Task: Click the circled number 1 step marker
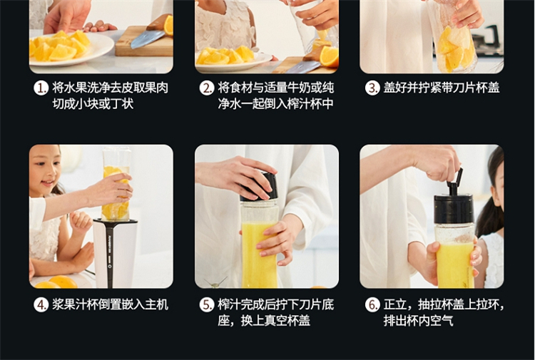(x=41, y=88)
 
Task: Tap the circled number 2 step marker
(x=207, y=88)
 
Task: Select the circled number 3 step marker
(x=372, y=88)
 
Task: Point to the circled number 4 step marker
(x=41, y=305)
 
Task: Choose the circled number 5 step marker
(x=207, y=305)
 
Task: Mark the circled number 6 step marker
(x=372, y=305)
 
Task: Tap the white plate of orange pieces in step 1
(x=71, y=48)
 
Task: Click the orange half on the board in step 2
(x=329, y=56)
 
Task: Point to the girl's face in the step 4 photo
(x=45, y=170)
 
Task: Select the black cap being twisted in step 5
(x=260, y=187)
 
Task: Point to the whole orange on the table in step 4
(x=63, y=282)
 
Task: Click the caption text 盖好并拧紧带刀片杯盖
(x=442, y=88)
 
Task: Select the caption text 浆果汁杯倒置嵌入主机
(x=110, y=305)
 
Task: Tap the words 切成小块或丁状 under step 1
(x=93, y=104)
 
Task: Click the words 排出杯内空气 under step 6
(x=418, y=321)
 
